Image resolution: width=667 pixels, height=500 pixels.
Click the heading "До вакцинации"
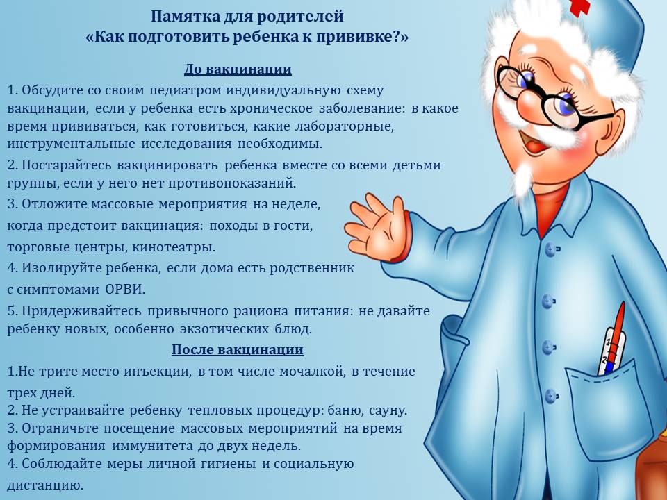tap(238, 69)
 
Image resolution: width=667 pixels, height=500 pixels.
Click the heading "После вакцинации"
tap(238, 349)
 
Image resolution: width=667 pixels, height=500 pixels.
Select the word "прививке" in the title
tap(359, 37)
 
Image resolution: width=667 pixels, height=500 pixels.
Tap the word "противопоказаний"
tap(232, 183)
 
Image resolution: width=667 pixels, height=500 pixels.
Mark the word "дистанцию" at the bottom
tap(45, 485)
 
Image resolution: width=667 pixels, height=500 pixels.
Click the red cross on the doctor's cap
tap(579, 7)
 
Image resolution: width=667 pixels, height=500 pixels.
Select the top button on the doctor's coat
tap(551, 249)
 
